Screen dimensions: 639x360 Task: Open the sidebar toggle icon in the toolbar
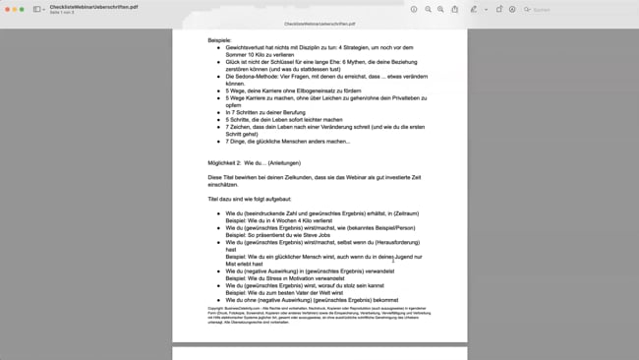(x=38, y=9)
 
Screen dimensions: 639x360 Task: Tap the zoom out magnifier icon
(x=427, y=9)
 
